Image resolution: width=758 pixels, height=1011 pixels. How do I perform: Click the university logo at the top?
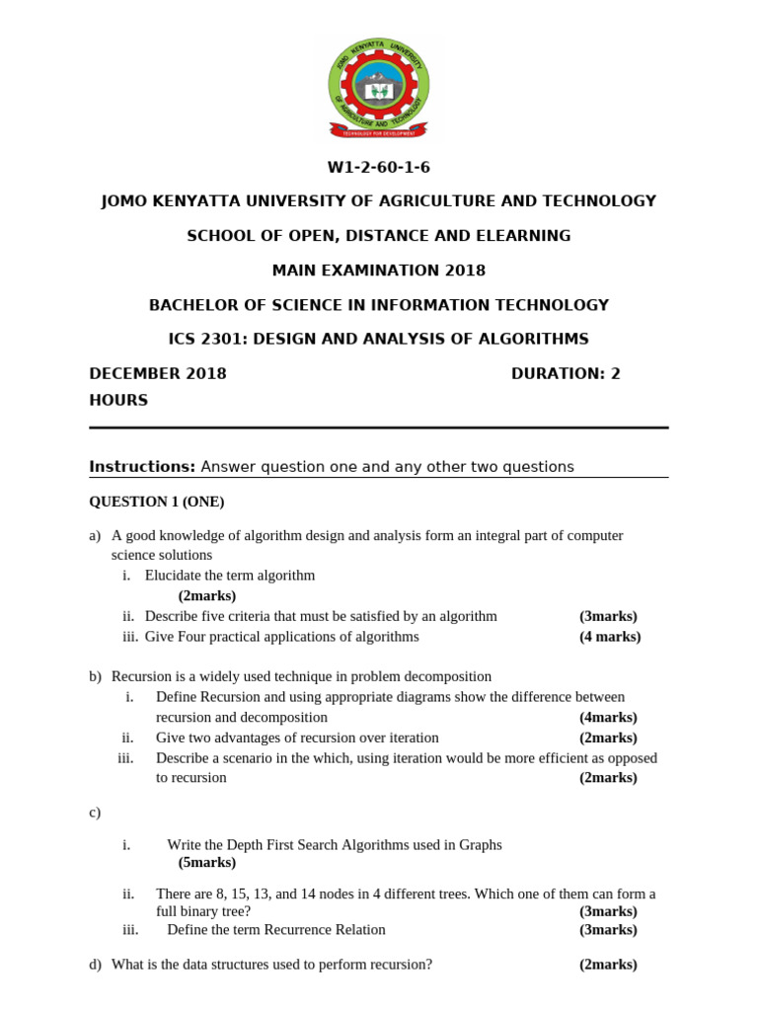(379, 88)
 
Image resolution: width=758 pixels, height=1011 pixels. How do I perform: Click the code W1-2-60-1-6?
(379, 167)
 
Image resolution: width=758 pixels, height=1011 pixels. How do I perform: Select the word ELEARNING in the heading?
(521, 236)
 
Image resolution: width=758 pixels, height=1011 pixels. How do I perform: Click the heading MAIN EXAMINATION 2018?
(379, 271)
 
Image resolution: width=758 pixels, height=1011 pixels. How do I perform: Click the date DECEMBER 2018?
(158, 373)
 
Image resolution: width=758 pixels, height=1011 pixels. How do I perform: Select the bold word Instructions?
(142, 466)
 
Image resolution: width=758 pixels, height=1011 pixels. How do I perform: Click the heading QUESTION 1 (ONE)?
(157, 502)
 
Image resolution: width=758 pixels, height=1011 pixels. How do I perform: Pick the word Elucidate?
(175, 576)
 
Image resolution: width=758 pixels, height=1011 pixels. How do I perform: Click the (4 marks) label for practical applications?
(609, 637)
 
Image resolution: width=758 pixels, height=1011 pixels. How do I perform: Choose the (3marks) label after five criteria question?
(608, 616)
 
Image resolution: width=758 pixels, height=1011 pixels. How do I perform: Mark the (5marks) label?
(207, 863)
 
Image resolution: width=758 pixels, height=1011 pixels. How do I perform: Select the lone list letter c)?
(95, 813)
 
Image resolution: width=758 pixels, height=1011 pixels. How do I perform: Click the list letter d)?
(95, 965)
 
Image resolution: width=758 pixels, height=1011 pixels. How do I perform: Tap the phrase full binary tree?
(196, 911)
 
